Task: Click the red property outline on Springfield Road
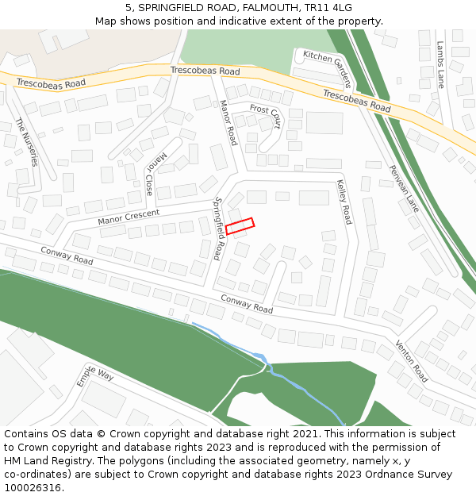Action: tap(240, 226)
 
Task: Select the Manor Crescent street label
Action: tap(129, 217)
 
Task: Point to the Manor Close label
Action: tap(154, 174)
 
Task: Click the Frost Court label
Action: tap(265, 116)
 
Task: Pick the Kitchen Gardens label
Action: tap(327, 68)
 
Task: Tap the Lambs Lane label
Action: tap(440, 64)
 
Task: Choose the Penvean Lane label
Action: tap(405, 188)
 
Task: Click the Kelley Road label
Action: tap(344, 202)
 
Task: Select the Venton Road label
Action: tap(412, 362)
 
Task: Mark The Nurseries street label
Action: tap(26, 141)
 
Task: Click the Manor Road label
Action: tap(228, 122)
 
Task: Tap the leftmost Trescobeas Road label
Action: tap(51, 83)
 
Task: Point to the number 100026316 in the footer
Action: tap(34, 487)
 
